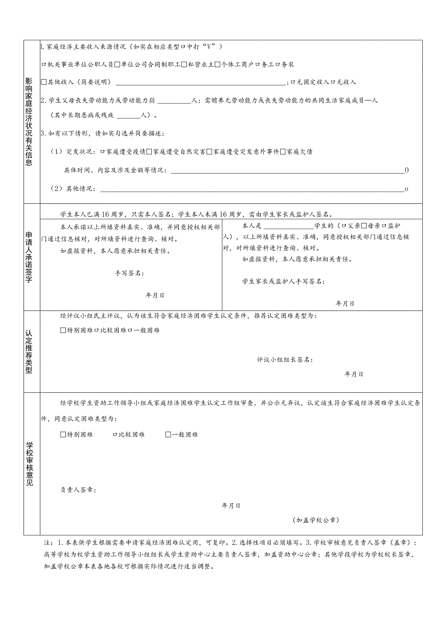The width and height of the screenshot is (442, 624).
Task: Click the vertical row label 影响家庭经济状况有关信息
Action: [x=29, y=122]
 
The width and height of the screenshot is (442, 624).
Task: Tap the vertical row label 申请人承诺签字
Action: [x=29, y=257]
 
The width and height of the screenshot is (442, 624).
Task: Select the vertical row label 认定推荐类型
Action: [x=29, y=351]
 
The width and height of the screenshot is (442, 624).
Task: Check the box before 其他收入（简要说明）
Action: [x=44, y=82]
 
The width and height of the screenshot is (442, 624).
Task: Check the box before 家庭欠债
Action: [x=282, y=152]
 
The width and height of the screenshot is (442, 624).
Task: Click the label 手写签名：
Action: [x=129, y=273]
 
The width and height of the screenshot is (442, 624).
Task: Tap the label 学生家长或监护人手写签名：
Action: [x=283, y=282]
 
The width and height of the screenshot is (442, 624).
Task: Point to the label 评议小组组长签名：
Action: [x=284, y=360]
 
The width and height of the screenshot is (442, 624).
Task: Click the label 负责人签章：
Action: [x=78, y=490]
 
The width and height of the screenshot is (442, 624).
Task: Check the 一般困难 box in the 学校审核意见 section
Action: [x=168, y=435]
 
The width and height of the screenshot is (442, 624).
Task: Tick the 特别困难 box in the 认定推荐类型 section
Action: [x=63, y=330]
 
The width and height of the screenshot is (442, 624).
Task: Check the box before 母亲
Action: [x=364, y=225]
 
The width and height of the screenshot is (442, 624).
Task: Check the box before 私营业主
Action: [x=184, y=64]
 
